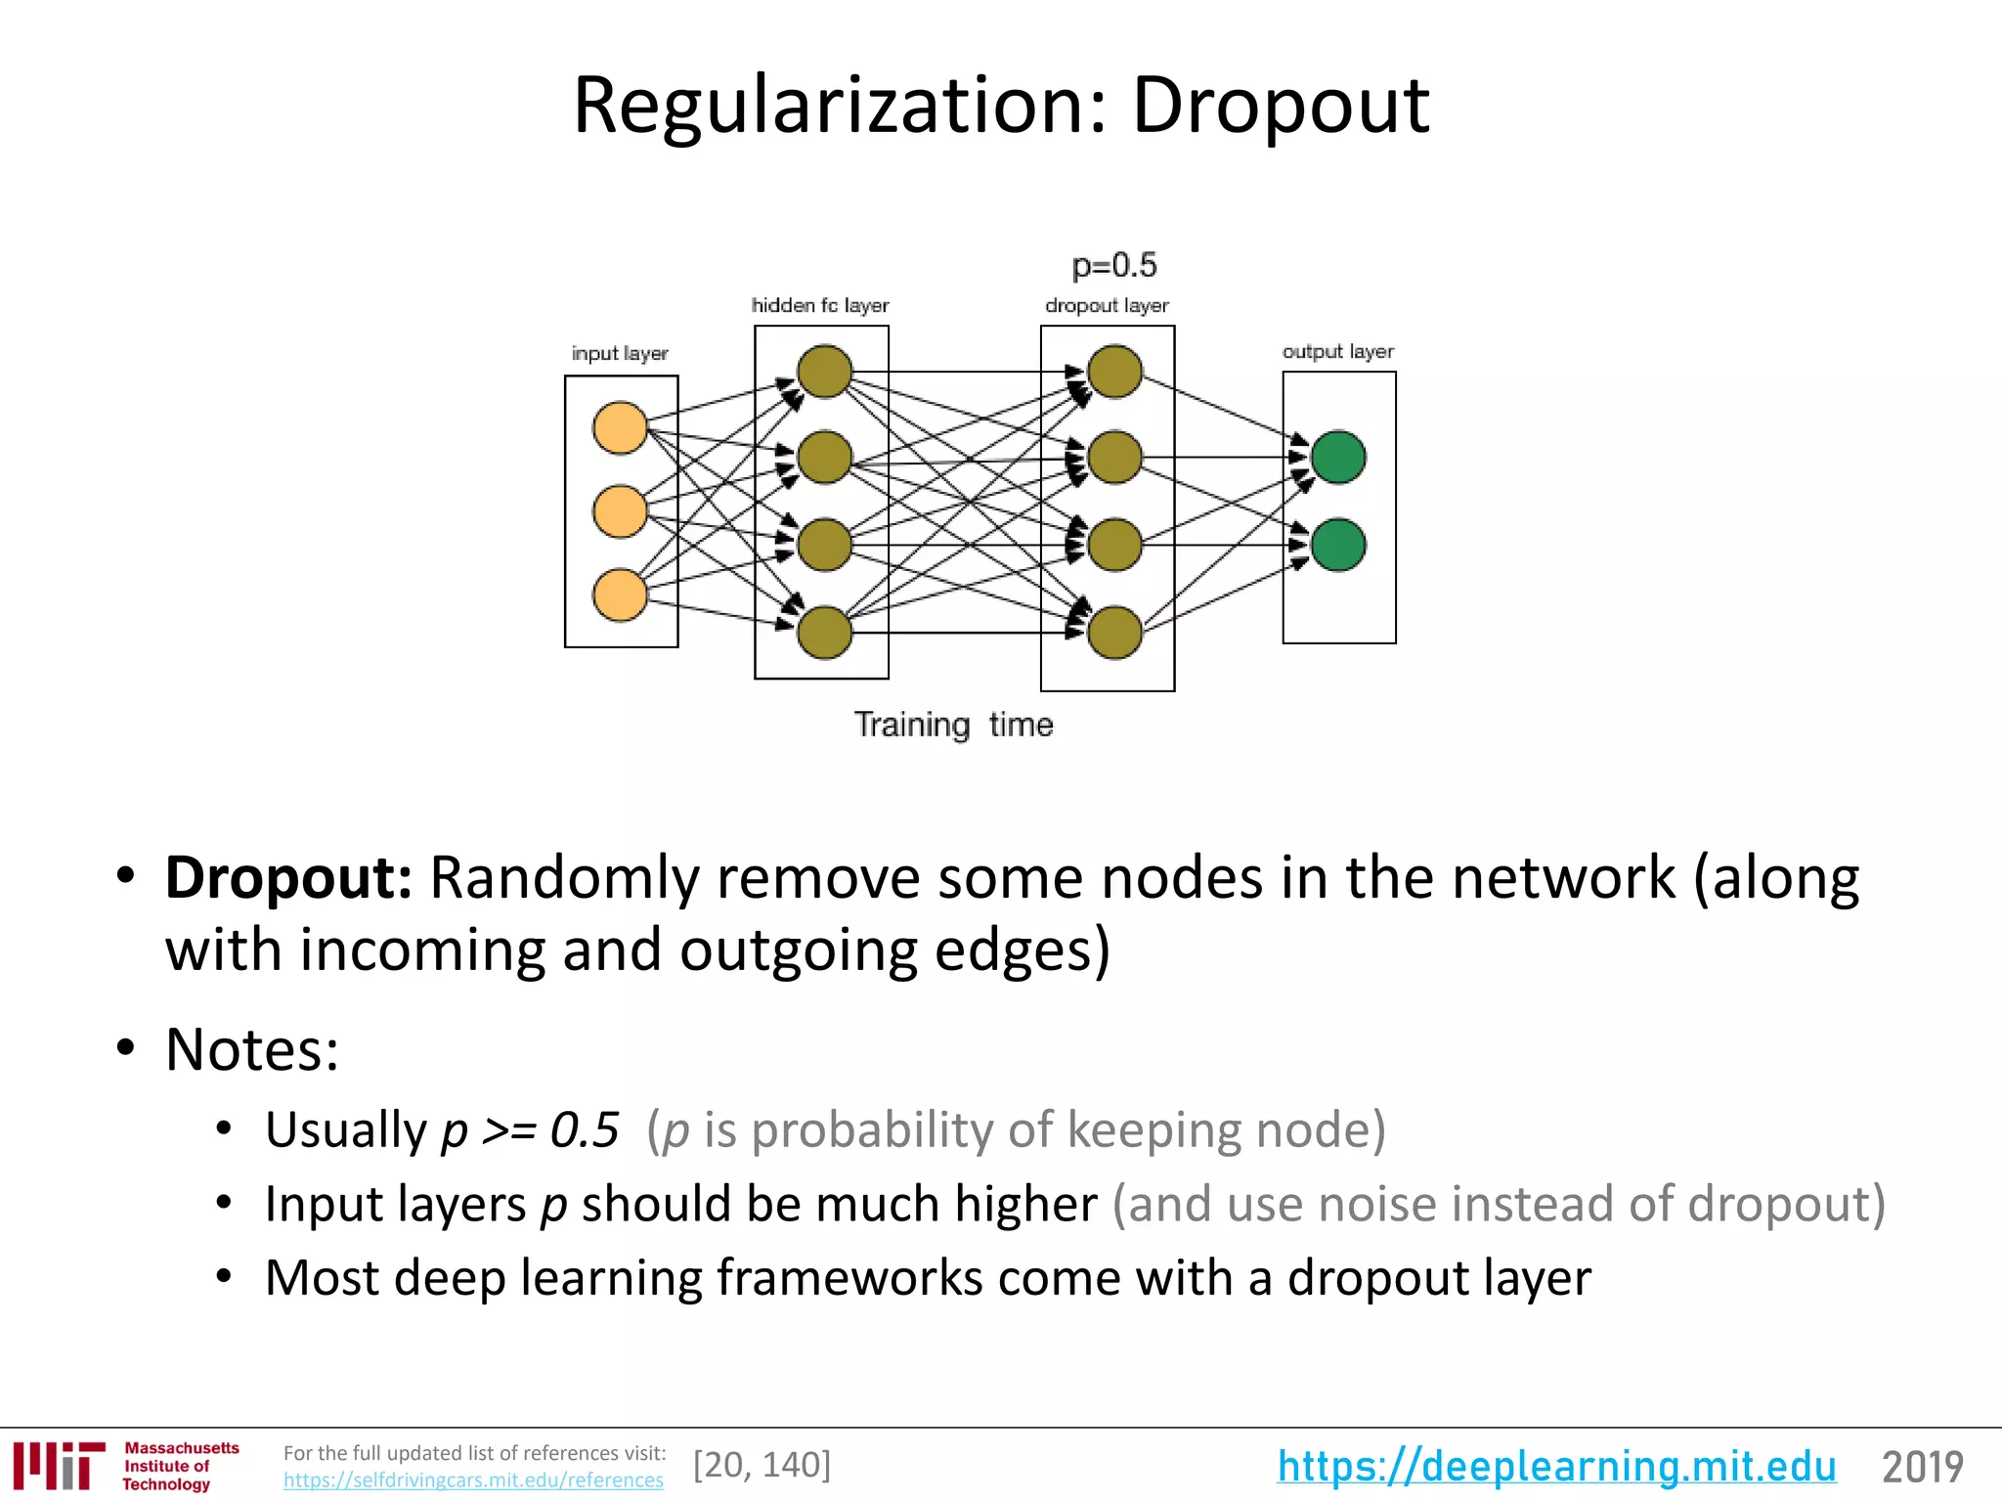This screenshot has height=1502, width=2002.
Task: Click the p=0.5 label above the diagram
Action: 1113,265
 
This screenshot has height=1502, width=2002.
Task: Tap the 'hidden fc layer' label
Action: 820,305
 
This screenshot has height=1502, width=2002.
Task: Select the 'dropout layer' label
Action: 1107,305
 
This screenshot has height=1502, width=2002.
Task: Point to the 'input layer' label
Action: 620,353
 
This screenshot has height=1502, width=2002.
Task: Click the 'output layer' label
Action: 1337,351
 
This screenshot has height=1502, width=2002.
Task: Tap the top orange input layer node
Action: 620,427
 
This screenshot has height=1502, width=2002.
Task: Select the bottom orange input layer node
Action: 620,596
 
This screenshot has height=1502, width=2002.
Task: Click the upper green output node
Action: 1338,457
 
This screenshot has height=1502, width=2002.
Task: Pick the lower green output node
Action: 1338,545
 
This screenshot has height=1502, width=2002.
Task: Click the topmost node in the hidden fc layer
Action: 824,372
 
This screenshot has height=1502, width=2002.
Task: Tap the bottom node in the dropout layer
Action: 1114,632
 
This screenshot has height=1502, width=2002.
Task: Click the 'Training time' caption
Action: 953,725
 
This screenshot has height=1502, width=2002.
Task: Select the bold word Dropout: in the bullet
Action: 288,877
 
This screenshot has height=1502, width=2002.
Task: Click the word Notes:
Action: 252,1050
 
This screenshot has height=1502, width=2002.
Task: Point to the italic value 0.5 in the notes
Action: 585,1130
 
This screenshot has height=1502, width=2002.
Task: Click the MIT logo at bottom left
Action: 59,1465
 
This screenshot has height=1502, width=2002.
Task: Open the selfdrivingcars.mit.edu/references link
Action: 473,1480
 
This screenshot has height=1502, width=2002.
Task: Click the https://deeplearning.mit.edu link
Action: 1556,1466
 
